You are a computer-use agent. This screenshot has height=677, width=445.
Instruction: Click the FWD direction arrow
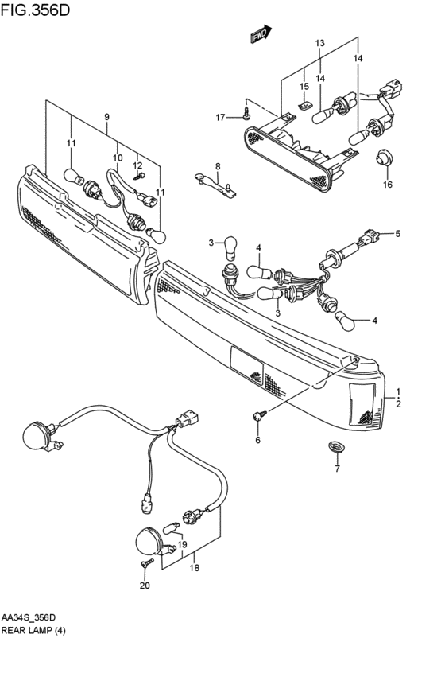click(261, 34)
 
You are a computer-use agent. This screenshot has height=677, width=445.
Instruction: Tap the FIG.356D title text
click(35, 10)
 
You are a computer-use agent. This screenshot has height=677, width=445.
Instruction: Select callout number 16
click(388, 185)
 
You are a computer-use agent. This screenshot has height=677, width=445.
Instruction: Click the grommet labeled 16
click(382, 158)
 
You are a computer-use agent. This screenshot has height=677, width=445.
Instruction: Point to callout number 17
click(220, 117)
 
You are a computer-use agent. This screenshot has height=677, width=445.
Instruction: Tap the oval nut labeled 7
click(335, 446)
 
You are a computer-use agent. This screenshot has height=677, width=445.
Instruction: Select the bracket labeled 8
click(215, 185)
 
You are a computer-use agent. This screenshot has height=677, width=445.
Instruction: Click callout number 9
click(106, 117)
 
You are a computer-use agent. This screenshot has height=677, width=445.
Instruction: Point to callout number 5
click(397, 234)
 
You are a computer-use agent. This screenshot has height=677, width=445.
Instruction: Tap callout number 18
click(195, 568)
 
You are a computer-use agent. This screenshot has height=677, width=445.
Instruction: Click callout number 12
click(137, 165)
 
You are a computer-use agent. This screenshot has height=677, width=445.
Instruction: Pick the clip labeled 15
click(305, 105)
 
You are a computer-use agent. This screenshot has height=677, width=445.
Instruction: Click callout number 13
click(319, 43)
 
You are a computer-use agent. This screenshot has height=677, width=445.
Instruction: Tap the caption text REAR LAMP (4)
click(33, 630)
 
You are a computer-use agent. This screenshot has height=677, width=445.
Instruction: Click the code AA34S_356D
click(29, 617)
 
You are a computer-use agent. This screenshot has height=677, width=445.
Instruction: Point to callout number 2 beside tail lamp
click(398, 404)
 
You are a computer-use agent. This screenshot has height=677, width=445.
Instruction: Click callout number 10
click(118, 158)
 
